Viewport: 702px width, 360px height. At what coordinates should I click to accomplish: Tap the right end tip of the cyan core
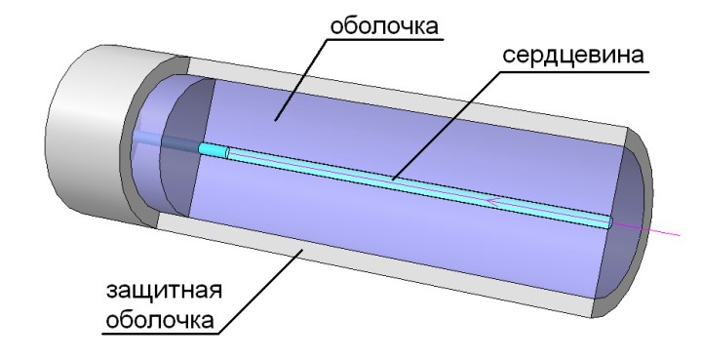[x=609, y=222]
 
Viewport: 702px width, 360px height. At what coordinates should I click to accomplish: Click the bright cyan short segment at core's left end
[x=212, y=150]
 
